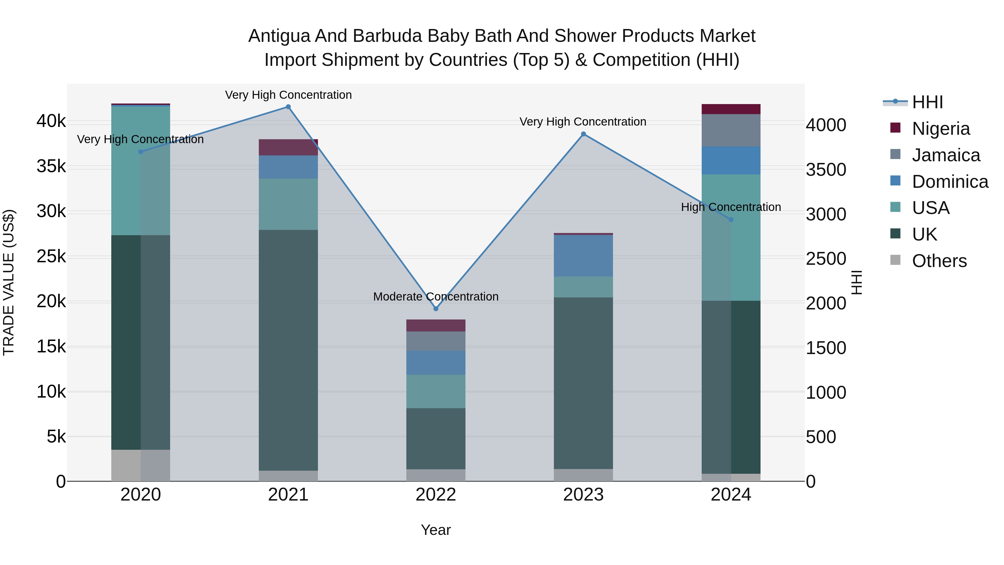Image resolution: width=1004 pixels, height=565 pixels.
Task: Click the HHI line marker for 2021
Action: coord(288,107)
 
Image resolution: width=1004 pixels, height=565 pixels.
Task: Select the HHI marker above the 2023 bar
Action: coord(583,134)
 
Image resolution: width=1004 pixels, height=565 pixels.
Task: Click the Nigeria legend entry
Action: coord(940,129)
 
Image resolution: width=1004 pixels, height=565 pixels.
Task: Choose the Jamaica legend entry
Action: coord(945,155)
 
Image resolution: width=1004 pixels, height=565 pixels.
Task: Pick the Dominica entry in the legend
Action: coord(949,182)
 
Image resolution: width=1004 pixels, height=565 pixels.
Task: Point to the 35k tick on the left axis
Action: coord(51,167)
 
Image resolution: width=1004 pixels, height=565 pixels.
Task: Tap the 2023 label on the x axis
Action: coord(583,495)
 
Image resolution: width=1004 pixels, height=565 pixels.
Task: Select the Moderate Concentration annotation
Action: coord(436,297)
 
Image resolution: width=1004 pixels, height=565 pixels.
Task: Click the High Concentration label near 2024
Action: coord(731,207)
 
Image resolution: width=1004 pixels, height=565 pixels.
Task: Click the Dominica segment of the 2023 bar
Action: coord(583,256)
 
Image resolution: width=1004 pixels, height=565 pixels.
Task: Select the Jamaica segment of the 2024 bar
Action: coord(731,130)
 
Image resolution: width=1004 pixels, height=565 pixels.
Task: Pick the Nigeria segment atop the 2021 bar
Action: coord(288,147)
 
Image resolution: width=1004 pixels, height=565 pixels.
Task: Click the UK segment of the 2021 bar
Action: coord(288,350)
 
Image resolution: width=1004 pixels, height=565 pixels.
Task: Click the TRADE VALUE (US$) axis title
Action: coord(9,282)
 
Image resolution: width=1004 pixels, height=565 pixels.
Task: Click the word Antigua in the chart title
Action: coord(279,36)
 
